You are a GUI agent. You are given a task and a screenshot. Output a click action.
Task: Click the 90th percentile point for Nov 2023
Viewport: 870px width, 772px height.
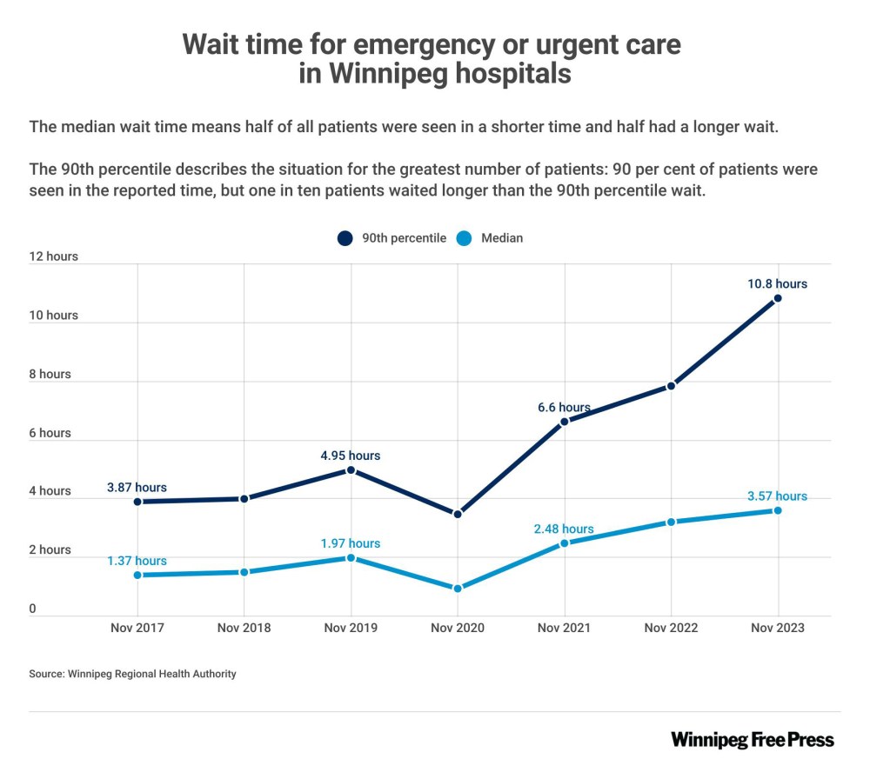[x=778, y=298]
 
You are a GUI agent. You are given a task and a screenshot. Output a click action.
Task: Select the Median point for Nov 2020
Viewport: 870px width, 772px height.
[x=458, y=589]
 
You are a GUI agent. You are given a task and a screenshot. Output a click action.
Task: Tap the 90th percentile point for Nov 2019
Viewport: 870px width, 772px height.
[x=351, y=469]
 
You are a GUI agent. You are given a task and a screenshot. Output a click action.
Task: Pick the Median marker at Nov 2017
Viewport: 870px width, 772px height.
[x=137, y=575]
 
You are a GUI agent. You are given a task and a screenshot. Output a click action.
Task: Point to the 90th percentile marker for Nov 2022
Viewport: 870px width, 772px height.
[x=671, y=386]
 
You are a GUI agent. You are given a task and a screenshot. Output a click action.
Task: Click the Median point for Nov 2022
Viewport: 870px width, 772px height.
[x=671, y=522]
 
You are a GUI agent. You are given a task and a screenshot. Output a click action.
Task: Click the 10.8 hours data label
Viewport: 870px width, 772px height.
[x=777, y=283]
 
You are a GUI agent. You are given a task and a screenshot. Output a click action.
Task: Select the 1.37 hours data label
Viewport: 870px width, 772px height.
[x=137, y=561]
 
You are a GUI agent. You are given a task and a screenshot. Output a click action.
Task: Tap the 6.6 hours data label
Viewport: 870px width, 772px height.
[x=564, y=407]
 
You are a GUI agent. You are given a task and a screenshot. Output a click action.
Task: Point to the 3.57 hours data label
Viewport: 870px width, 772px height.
[x=777, y=496]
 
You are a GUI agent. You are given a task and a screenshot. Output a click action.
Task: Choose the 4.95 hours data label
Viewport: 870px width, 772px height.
[x=351, y=455]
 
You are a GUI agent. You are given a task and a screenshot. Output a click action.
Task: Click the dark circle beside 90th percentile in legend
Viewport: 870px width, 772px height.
[x=345, y=237]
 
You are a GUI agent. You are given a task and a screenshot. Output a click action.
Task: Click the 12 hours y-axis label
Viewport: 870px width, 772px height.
[x=53, y=256]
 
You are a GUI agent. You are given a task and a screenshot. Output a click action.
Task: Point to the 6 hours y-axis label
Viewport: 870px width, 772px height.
[x=50, y=433]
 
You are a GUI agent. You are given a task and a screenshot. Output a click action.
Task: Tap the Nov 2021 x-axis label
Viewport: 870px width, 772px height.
[x=564, y=628]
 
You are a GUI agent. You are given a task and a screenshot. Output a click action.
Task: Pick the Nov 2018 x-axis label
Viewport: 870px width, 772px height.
[x=244, y=628]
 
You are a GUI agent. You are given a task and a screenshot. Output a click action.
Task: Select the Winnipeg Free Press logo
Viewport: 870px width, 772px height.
[x=752, y=740]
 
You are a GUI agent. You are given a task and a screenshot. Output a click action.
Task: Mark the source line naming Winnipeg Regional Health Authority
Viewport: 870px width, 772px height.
[x=132, y=674]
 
